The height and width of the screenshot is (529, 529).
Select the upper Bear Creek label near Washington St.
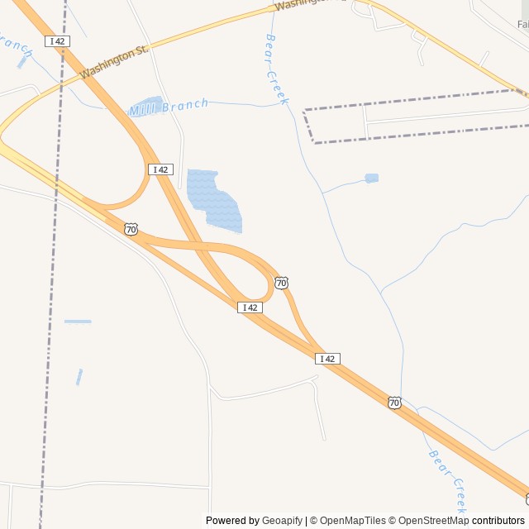(277, 69)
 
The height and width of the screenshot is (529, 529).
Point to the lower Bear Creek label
(448, 481)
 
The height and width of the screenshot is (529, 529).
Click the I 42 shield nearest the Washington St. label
(57, 41)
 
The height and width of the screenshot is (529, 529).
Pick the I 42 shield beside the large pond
(160, 169)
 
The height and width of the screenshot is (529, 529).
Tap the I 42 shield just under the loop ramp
(250, 307)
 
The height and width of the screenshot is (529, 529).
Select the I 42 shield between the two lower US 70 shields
(328, 359)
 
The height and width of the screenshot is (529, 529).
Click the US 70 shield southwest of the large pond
(131, 229)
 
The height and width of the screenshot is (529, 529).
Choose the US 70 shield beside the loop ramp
(282, 283)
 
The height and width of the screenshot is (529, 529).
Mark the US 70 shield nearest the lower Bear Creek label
(394, 403)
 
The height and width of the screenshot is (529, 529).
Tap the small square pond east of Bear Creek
(372, 178)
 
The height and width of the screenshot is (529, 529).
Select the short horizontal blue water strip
(78, 321)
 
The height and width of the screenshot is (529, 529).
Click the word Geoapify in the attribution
(283, 521)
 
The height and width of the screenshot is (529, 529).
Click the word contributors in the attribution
(498, 521)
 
